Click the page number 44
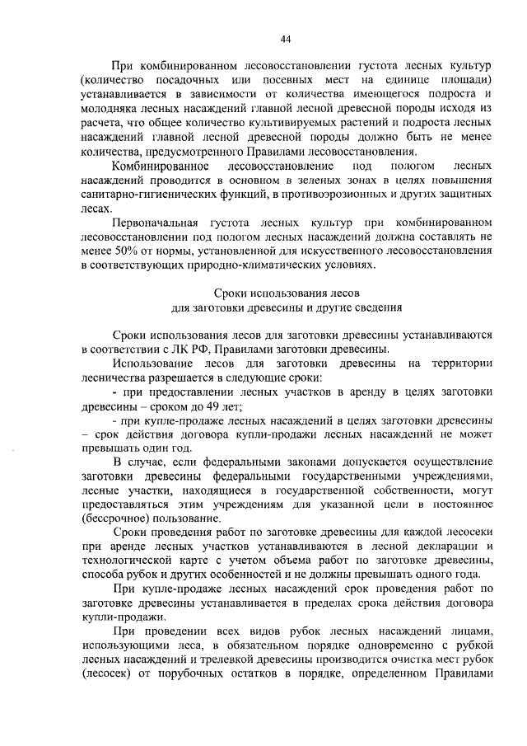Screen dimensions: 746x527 coord(286,38)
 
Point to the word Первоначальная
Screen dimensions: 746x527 coord(160,223)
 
